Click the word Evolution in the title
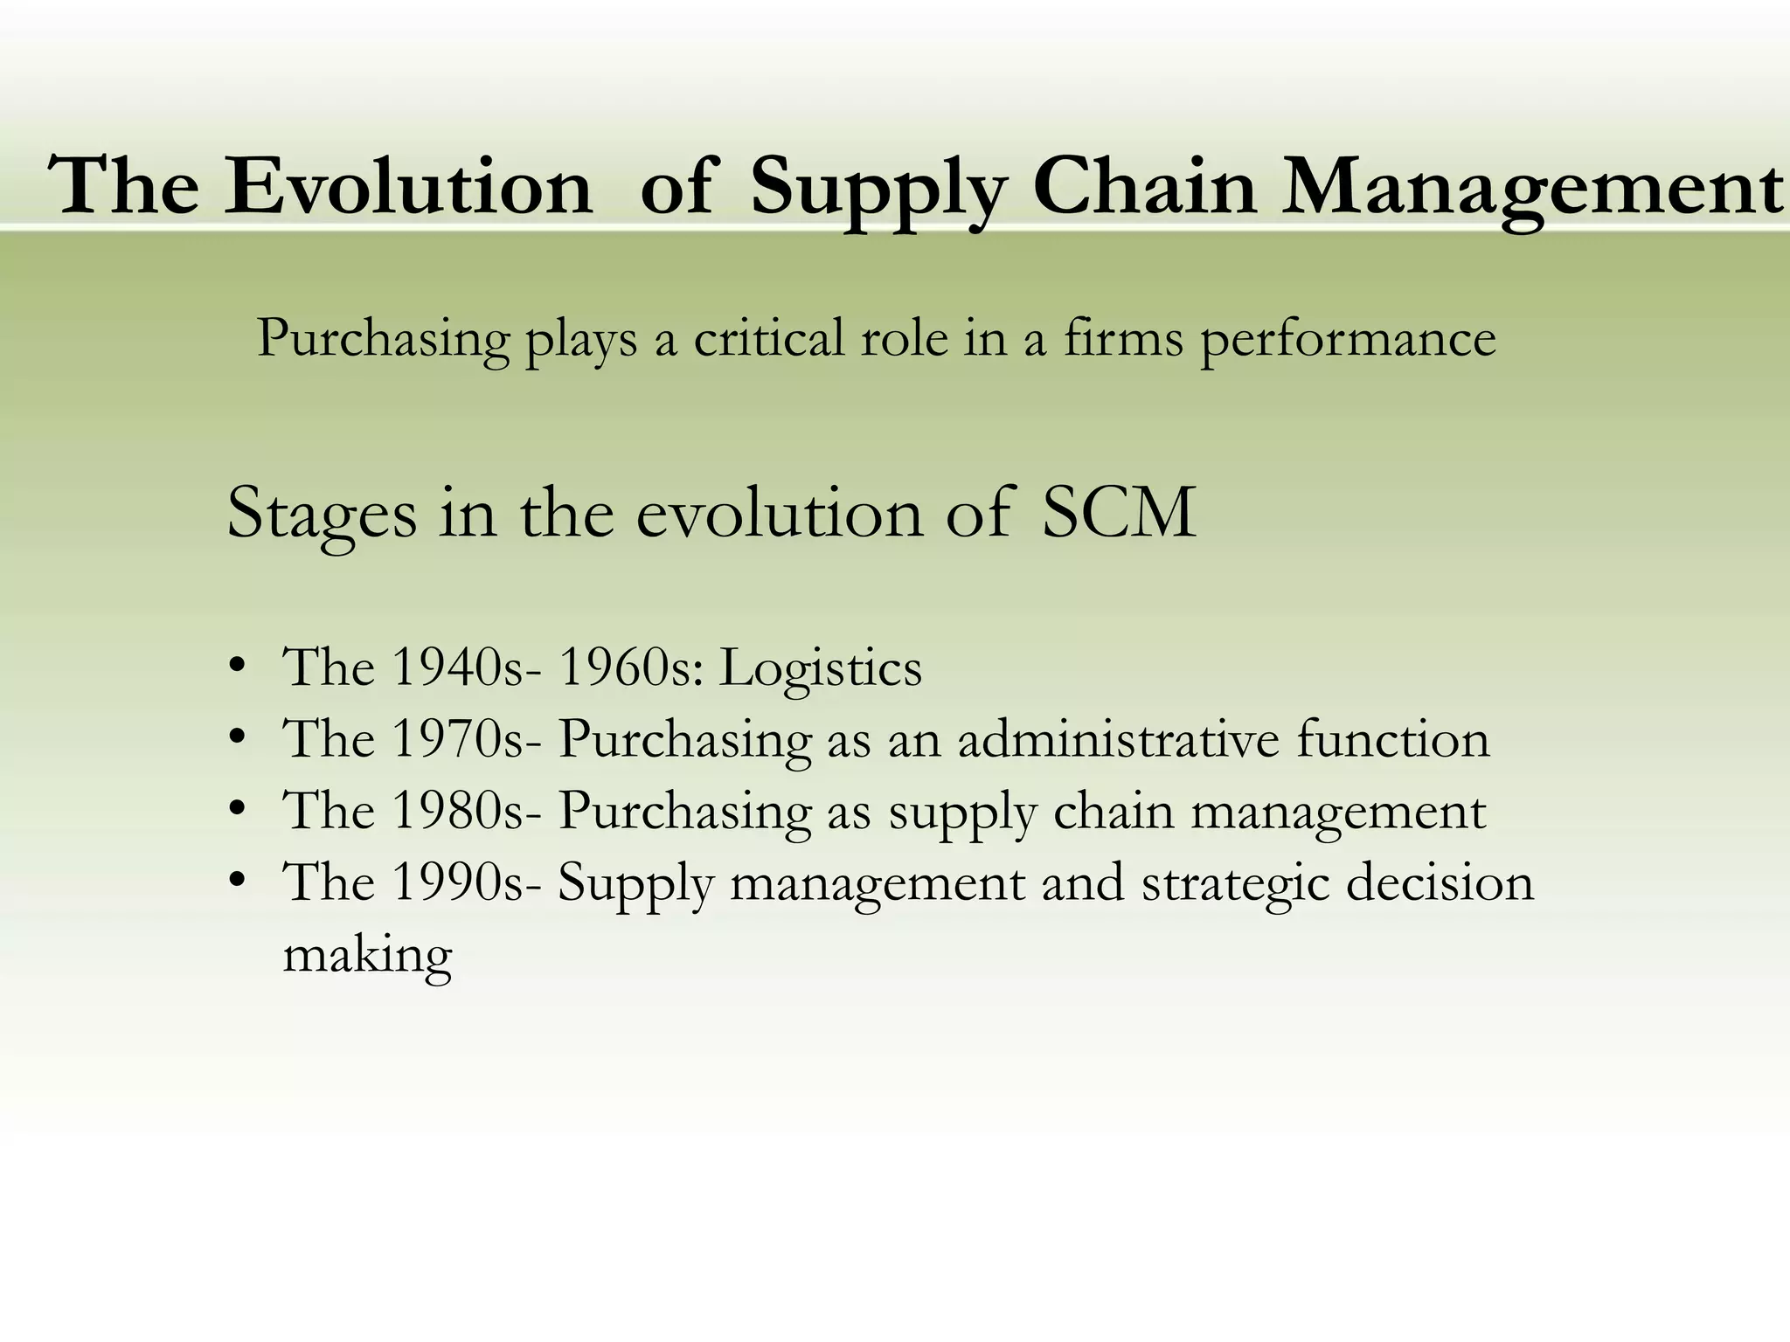tap(408, 186)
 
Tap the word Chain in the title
tap(1144, 186)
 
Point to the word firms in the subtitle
tap(1123, 338)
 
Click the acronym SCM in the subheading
tap(1119, 513)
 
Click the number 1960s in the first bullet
tap(624, 668)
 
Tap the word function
tap(1393, 739)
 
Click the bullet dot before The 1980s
tap(236, 810)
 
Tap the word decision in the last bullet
tap(1440, 882)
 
